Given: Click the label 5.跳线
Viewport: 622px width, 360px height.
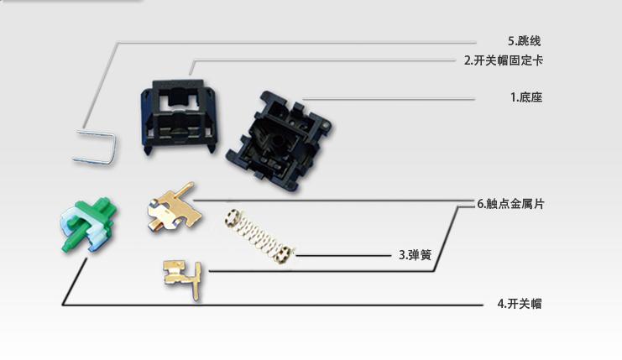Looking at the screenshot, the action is [524, 41].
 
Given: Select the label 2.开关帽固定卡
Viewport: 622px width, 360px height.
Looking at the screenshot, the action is [504, 60].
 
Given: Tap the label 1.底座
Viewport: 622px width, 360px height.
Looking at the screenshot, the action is [526, 97].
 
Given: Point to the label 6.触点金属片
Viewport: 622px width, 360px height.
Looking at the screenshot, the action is [510, 204].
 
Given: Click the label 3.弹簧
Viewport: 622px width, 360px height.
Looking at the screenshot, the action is [415, 254].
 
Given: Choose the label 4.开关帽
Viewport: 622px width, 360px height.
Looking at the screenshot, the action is [520, 304].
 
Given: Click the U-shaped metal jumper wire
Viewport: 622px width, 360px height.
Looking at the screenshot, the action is [95, 147].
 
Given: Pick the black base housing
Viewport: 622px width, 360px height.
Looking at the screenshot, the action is [280, 142].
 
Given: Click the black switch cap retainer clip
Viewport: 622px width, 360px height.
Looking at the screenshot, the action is [180, 116].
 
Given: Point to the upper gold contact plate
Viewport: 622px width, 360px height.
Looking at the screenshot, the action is [174, 208].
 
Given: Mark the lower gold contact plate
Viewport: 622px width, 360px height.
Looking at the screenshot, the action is [183, 279].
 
